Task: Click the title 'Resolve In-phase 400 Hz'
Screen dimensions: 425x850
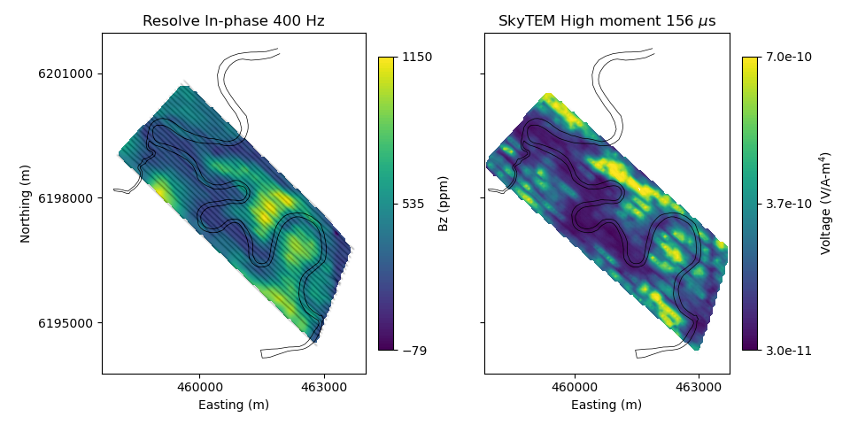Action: [234, 21]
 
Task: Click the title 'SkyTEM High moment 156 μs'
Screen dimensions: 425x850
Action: [607, 21]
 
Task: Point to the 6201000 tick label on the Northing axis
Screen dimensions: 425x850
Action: [66, 73]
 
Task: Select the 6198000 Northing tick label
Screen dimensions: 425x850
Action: [66, 198]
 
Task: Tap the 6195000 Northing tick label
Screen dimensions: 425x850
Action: [66, 323]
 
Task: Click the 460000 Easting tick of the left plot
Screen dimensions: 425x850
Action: [200, 387]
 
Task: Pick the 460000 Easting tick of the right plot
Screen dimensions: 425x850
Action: [575, 387]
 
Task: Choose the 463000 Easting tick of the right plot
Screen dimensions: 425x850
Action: [699, 387]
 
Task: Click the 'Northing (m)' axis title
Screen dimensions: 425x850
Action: [26, 204]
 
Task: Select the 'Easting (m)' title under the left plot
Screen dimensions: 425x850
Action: [234, 405]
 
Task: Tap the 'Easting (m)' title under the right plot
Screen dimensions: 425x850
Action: [607, 405]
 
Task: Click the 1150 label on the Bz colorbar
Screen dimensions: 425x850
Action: [417, 58]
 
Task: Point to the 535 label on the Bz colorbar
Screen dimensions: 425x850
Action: [413, 204]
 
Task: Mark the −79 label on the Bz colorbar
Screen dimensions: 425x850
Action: [414, 351]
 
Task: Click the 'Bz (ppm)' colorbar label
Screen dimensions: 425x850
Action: [444, 204]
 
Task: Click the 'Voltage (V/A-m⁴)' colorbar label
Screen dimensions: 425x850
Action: [826, 204]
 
